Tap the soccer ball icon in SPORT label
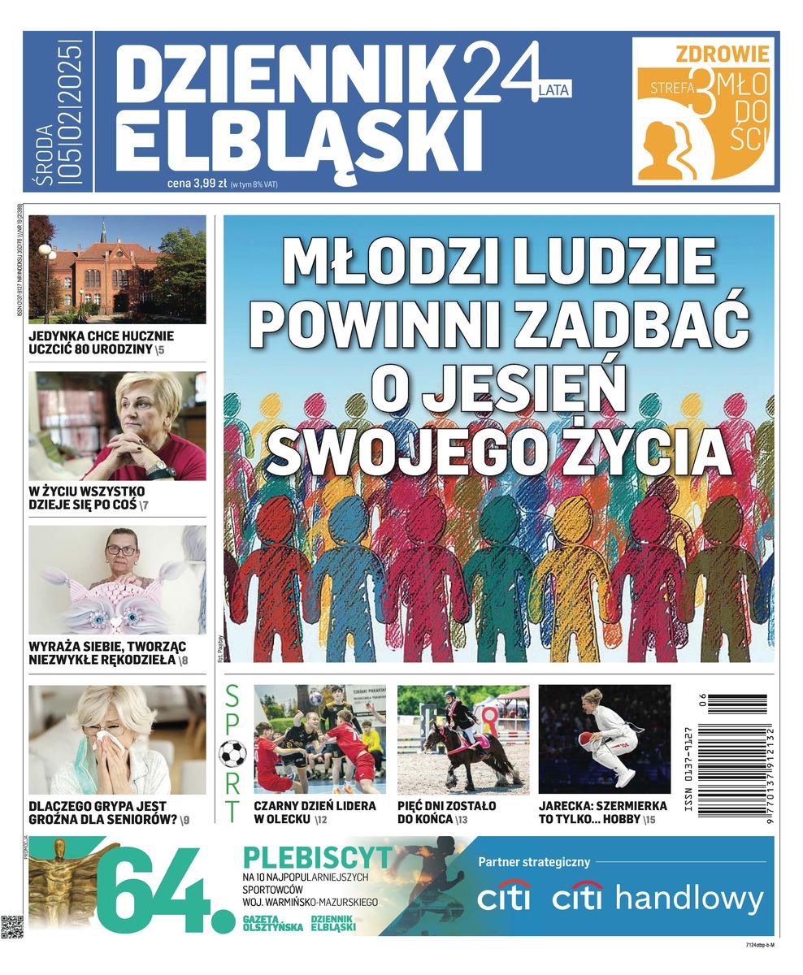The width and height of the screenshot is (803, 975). click(x=232, y=753)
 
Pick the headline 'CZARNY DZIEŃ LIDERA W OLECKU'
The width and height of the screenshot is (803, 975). click(x=315, y=812)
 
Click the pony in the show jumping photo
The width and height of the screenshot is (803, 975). click(x=469, y=747)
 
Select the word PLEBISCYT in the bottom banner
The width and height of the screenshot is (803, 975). click(x=318, y=857)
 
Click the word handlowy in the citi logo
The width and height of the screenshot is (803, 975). click(x=690, y=899)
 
